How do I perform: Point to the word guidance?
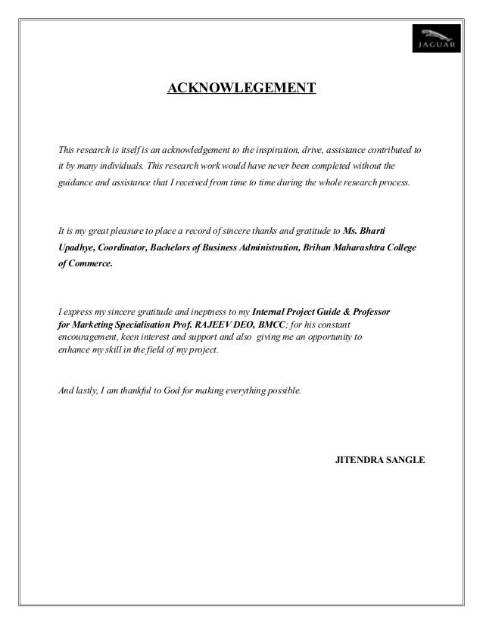click(79, 183)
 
